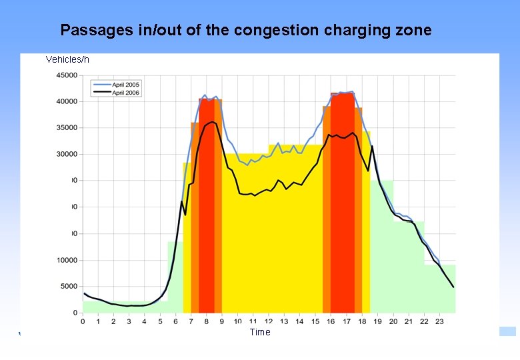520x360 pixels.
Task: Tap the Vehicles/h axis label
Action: pyautogui.click(x=67, y=60)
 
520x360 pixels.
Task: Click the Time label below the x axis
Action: pyautogui.click(x=260, y=332)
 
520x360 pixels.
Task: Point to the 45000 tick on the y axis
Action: pyautogui.click(x=66, y=75)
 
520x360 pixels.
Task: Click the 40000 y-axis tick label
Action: pyautogui.click(x=66, y=101)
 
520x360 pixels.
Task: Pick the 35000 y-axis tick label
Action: pyautogui.click(x=66, y=128)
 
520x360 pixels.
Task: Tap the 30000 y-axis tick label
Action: pyautogui.click(x=66, y=154)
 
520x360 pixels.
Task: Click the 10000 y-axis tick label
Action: pyautogui.click(x=66, y=260)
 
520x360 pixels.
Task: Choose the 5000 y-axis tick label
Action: pyautogui.click(x=68, y=286)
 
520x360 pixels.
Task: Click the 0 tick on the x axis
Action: pyautogui.click(x=83, y=322)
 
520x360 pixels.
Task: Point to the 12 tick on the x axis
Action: pyautogui.click(x=269, y=322)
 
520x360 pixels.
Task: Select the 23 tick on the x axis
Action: pyautogui.click(x=439, y=322)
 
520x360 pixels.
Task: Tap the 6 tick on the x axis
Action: pyautogui.click(x=176, y=322)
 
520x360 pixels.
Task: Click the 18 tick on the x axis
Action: pyautogui.click(x=362, y=322)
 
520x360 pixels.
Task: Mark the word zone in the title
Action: pyautogui.click(x=413, y=30)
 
